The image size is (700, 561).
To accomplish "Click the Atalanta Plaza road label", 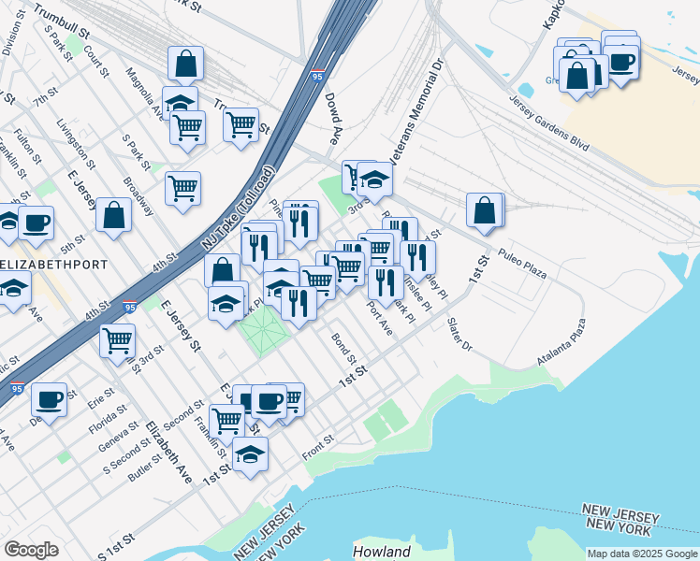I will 561,343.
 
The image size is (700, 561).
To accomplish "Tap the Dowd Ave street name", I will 331,118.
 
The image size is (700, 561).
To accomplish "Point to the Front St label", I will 318,447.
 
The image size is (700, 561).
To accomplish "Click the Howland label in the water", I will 382,552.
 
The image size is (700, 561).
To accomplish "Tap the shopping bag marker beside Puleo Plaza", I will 486,210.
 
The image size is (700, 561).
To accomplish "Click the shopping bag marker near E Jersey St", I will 113,216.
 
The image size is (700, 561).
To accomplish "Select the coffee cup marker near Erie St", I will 49,398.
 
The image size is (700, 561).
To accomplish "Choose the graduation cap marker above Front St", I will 250,455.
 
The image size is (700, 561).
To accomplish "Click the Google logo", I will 31,550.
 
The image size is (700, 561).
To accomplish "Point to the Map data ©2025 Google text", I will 641,554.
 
